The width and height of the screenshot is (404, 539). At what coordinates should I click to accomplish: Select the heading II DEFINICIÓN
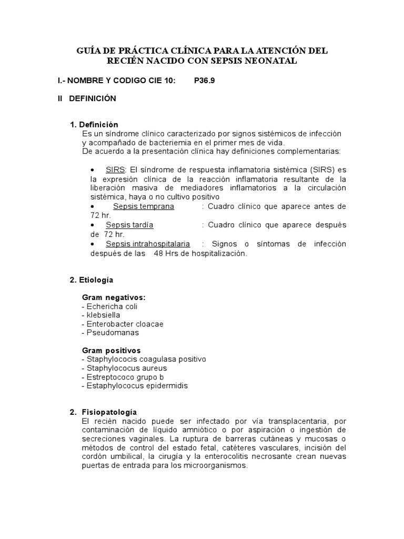[x=87, y=98]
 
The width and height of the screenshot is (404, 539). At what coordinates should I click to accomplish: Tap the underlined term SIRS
[x=115, y=169]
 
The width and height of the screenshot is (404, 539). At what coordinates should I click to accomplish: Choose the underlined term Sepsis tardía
[x=129, y=225]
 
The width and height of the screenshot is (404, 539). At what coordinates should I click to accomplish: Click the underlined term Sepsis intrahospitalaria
[x=148, y=244]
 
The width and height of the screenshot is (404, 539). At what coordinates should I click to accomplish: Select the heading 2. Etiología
[x=91, y=280]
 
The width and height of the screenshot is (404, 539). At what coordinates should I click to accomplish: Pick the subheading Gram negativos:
[x=114, y=297]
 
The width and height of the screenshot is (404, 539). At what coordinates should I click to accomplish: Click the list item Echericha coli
[x=110, y=306]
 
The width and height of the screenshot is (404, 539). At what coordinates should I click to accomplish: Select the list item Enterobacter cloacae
[x=123, y=324]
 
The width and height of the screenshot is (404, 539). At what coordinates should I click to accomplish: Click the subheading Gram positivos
[x=112, y=351]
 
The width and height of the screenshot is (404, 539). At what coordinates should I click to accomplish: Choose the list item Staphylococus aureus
[x=124, y=368]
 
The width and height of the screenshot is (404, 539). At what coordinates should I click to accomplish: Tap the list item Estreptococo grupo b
[x=123, y=377]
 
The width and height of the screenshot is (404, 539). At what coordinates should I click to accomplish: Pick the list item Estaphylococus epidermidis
[x=135, y=386]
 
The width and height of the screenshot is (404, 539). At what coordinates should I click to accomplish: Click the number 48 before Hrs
[x=158, y=253]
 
